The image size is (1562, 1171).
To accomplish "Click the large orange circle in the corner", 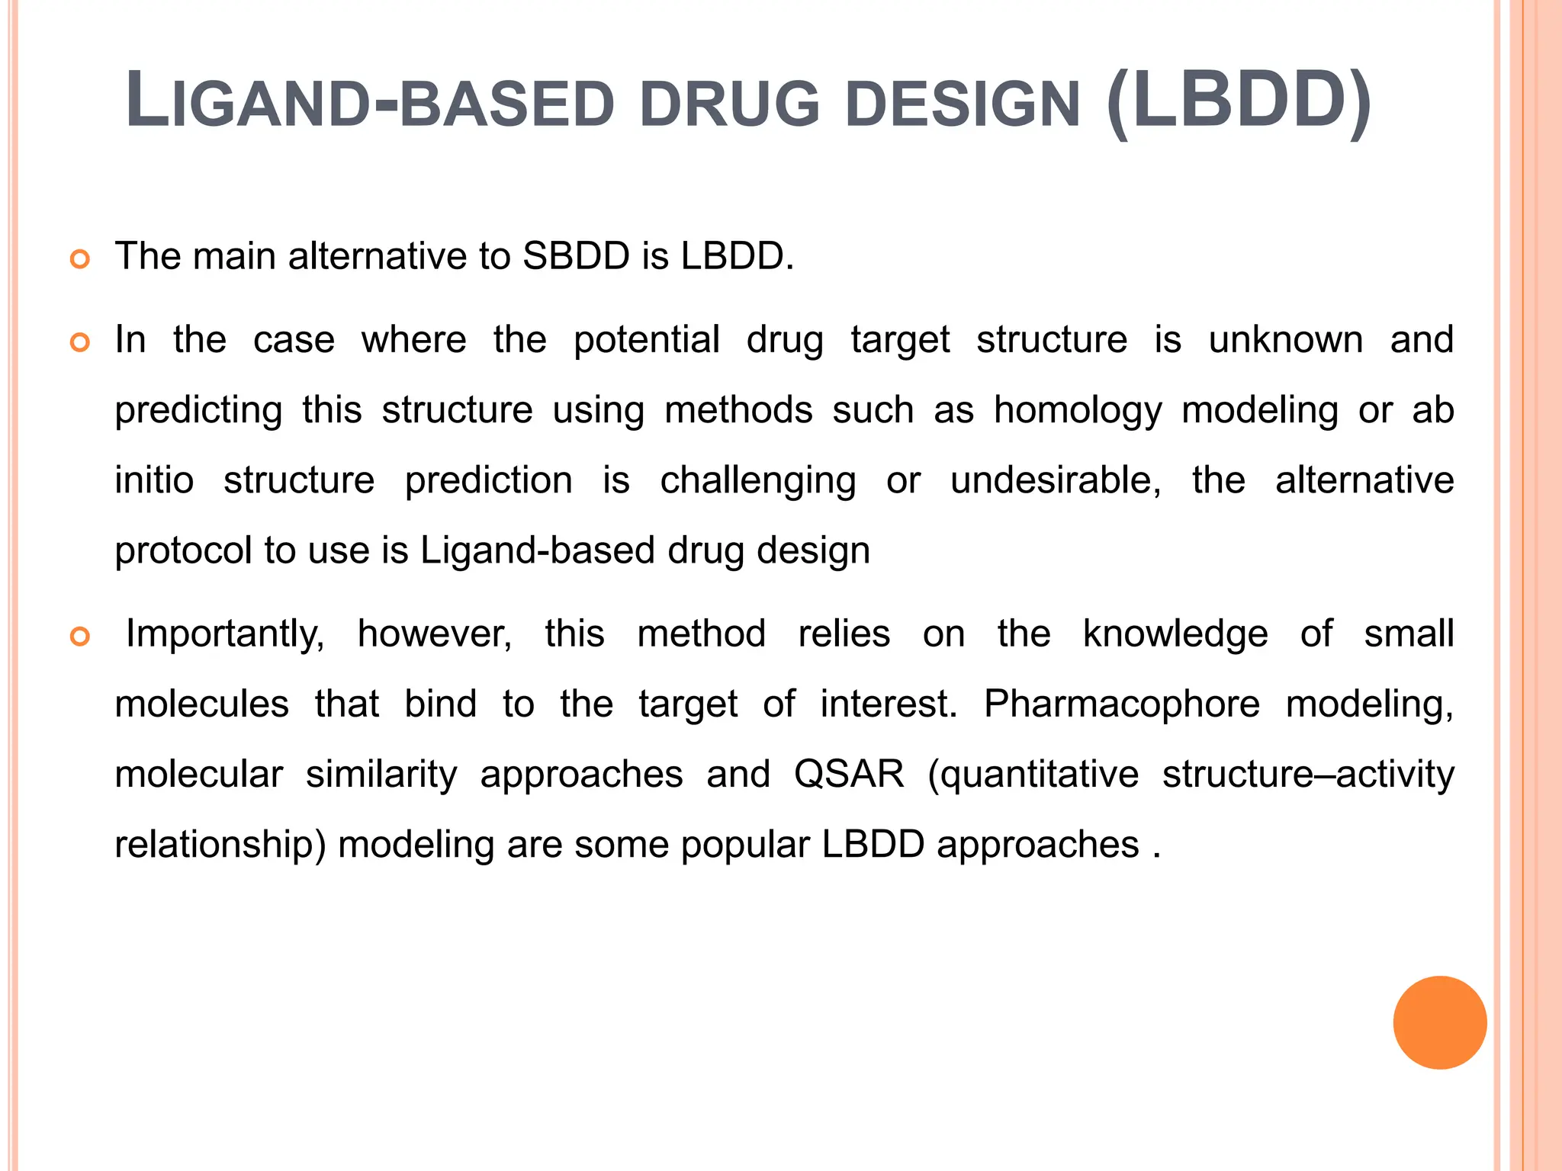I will pyautogui.click(x=1439, y=1022).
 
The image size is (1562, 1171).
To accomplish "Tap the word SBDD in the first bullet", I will pyautogui.click(x=576, y=256).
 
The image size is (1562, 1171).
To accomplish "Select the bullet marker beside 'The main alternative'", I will pyautogui.click(x=80, y=259).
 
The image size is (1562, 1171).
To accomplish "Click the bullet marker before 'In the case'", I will pyautogui.click(x=80, y=343).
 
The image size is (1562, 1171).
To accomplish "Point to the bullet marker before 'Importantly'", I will pyautogui.click(x=80, y=637).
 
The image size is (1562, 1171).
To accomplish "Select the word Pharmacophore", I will pyautogui.click(x=1121, y=704).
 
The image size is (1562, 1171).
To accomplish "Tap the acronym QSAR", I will pyautogui.click(x=849, y=775).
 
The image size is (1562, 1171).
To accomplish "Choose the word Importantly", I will pyautogui.click(x=225, y=634).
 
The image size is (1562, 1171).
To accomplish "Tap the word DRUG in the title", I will pyautogui.click(x=730, y=104).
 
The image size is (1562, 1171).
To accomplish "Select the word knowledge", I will pyautogui.click(x=1175, y=634).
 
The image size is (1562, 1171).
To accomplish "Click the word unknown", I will pyautogui.click(x=1285, y=340).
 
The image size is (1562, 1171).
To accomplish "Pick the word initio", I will pyautogui.click(x=154, y=481).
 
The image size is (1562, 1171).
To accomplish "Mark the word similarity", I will pyautogui.click(x=381, y=775).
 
